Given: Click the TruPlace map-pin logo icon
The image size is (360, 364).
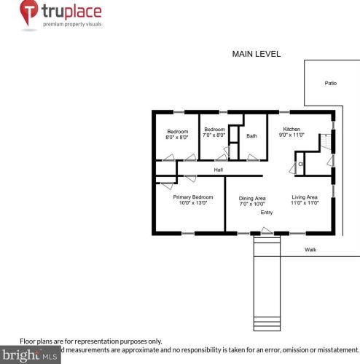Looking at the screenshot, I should click(29, 14).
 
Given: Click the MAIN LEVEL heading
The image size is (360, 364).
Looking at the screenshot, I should click(256, 55).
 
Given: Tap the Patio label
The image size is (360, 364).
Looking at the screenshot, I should click(330, 83).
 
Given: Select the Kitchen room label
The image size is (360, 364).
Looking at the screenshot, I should click(291, 129).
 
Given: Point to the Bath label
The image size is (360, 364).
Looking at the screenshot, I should click(251, 135).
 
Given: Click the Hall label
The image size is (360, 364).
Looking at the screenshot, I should click(218, 170).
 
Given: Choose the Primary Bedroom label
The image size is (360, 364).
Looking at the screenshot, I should click(192, 197).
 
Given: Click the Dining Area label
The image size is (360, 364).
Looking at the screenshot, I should click(252, 197).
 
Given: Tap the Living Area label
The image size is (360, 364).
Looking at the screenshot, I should click(305, 197).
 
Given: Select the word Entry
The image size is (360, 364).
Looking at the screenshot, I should click(267, 213).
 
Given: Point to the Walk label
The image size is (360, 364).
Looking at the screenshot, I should click(310, 250).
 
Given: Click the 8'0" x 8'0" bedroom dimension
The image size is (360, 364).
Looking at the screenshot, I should click(177, 137).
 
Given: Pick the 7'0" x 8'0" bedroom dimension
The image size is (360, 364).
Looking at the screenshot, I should click(214, 135).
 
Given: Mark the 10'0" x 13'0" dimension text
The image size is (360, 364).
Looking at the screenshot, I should click(192, 204).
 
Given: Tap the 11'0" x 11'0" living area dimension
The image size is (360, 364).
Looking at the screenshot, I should click(305, 204).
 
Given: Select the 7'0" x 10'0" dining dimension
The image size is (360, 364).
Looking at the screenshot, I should click(252, 204).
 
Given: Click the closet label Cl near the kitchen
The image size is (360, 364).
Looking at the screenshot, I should click(300, 165).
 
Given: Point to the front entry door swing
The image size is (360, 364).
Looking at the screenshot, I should click(267, 231).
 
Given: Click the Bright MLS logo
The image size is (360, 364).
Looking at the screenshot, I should click(29, 356).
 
